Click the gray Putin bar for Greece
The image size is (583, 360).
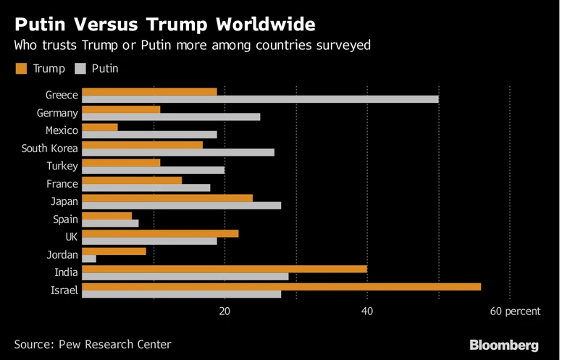[x=260, y=99]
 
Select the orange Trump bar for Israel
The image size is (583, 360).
[x=281, y=287]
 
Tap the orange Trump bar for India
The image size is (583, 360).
[x=225, y=269]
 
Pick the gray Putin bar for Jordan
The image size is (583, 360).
[x=89, y=259]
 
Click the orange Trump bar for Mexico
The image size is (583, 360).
[x=100, y=127]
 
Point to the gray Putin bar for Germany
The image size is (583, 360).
[x=171, y=117]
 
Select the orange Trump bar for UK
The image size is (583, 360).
[x=160, y=233]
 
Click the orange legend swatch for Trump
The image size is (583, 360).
[x=21, y=69]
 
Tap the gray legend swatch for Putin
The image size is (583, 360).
[x=79, y=69]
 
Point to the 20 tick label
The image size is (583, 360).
[x=225, y=311]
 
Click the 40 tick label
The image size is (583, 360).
[x=367, y=311]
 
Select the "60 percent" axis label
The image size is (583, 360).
[x=515, y=311]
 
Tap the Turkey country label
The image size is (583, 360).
[x=62, y=166]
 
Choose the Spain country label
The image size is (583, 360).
[x=65, y=219]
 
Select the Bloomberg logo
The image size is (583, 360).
[x=504, y=345]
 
